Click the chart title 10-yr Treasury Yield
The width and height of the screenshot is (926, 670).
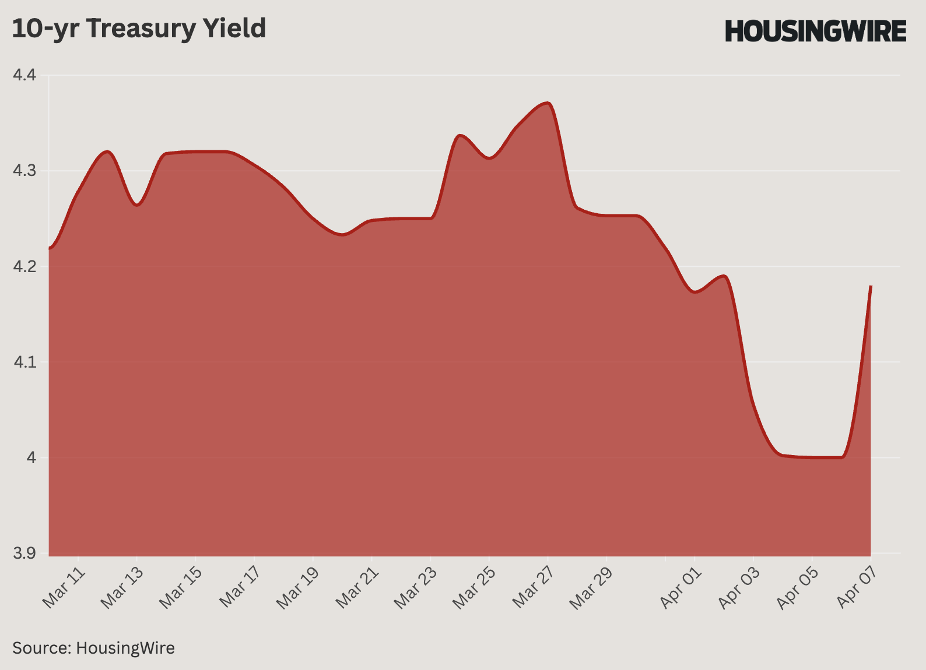(139, 29)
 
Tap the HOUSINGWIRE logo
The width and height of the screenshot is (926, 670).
(815, 31)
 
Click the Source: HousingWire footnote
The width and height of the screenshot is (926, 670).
(93, 648)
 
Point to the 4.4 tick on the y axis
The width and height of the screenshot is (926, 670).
(24, 75)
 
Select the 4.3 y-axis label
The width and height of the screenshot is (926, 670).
(24, 171)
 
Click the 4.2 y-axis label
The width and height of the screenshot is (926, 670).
(24, 266)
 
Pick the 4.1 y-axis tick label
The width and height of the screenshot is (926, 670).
(24, 362)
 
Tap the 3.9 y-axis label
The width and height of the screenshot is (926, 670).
(24, 553)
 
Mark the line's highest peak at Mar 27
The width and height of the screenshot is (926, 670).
(547, 103)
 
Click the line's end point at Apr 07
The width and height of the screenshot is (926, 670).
(871, 286)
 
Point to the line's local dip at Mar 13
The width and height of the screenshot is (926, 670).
(136, 205)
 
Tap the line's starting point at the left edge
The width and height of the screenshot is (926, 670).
(50, 248)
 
